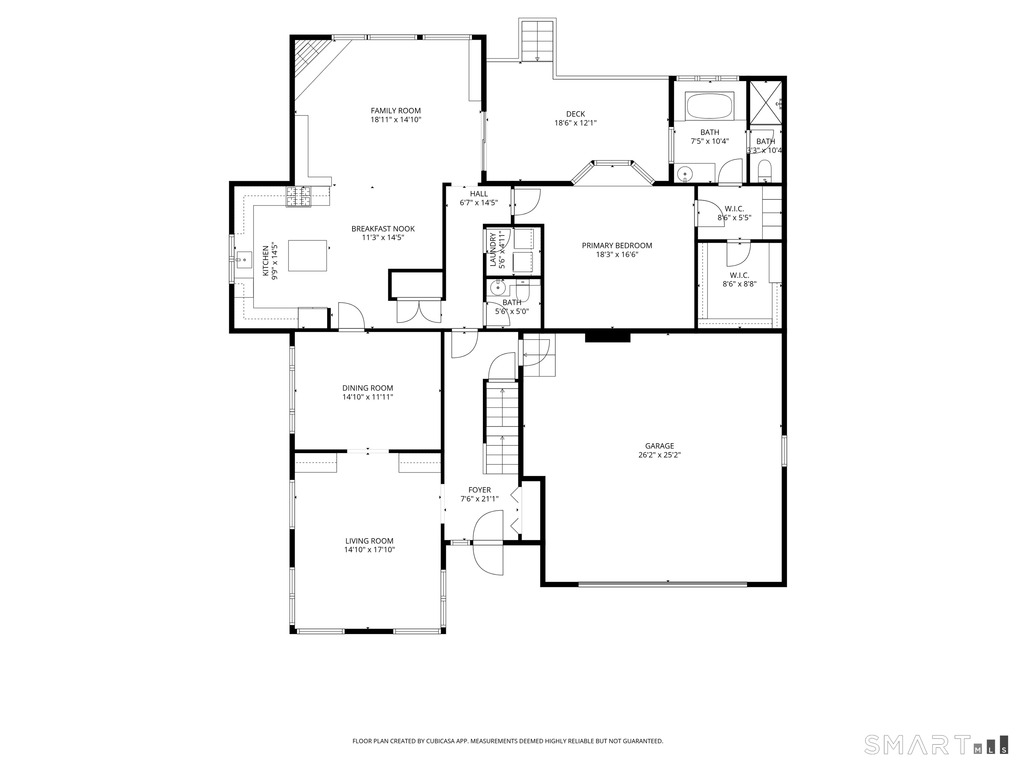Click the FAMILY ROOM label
pos(396,111)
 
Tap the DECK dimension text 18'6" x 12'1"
pos(575,123)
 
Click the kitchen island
pos(308,255)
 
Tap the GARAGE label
pos(659,446)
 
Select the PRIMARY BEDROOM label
pos(617,246)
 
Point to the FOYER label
pos(480,490)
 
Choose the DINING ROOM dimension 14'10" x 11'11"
pos(367,397)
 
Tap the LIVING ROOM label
pos(369,541)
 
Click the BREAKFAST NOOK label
pos(383,229)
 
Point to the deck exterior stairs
pos(537,40)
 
